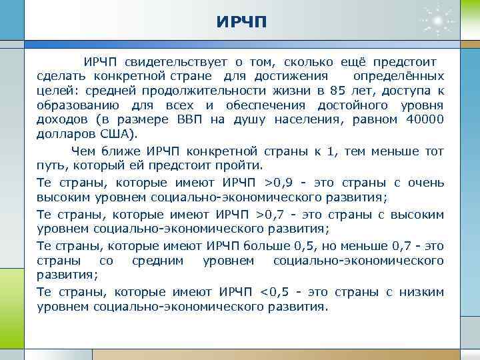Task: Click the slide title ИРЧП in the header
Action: click(241, 23)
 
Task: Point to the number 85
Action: click(339, 91)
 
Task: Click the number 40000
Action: click(425, 120)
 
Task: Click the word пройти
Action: click(243, 166)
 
